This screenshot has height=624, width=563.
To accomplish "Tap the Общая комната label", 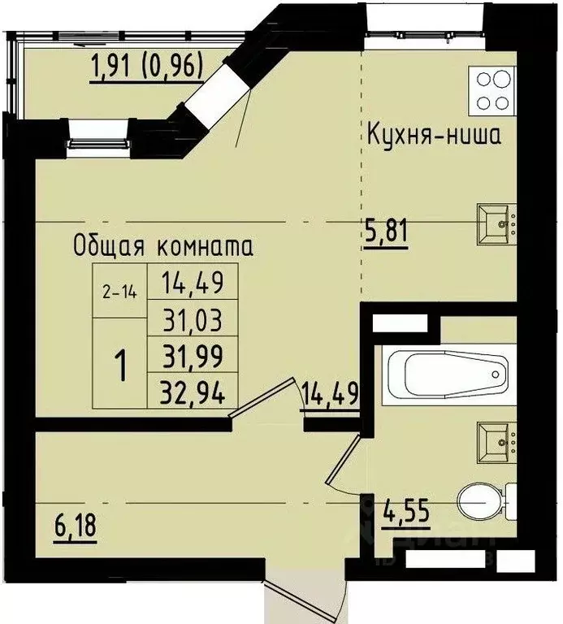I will [162, 246].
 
